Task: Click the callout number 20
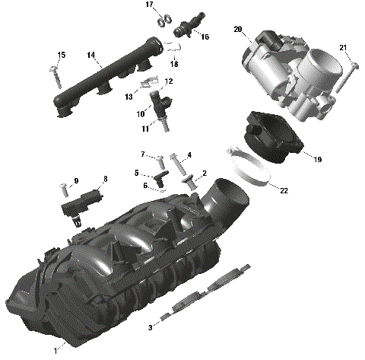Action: click(x=237, y=30)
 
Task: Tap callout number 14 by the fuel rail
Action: click(x=90, y=54)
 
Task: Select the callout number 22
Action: click(x=283, y=190)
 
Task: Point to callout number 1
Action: click(x=55, y=351)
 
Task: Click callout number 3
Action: click(x=151, y=327)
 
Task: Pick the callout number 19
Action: click(x=318, y=160)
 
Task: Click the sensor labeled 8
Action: click(x=79, y=203)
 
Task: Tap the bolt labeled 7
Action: click(x=160, y=162)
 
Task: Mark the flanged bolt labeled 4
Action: click(x=176, y=161)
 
